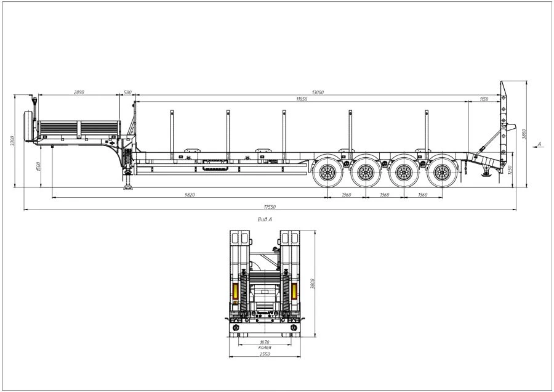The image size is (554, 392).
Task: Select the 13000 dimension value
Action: pos(318,92)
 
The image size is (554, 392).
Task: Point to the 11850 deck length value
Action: pos(301,99)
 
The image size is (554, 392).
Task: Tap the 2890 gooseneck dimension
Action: pos(79,92)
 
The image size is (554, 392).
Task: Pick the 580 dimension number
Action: pos(128,92)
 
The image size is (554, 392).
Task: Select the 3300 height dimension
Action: pos(11,141)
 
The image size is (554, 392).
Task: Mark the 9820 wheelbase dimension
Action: pos(190,195)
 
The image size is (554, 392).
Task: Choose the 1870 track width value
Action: pos(265,341)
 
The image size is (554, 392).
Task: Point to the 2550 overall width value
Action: pos(265,354)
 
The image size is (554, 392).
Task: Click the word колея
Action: pos(265,347)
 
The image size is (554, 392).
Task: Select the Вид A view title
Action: pos(264,219)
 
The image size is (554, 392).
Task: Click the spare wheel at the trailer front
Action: pos(28,127)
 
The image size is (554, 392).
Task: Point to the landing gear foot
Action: pos(128,187)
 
